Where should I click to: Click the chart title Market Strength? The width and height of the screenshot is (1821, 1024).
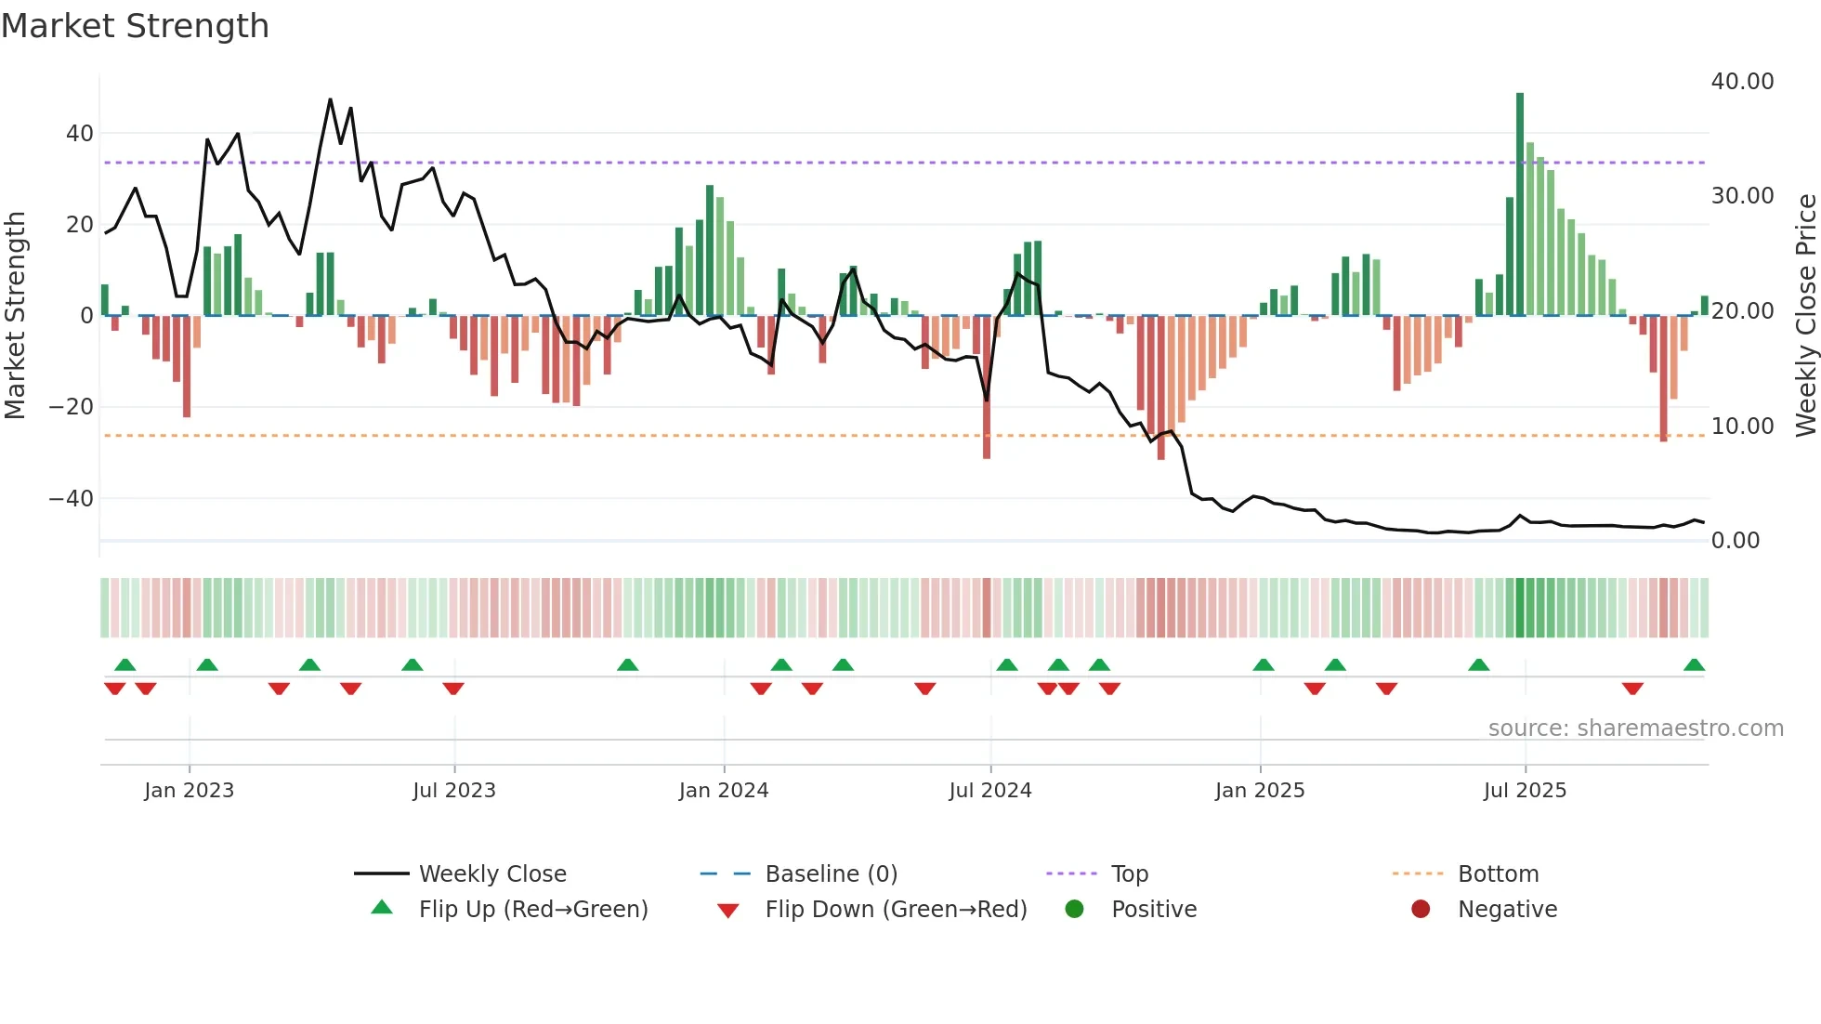point(136,26)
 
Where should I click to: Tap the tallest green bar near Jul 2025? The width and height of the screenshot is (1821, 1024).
point(1520,204)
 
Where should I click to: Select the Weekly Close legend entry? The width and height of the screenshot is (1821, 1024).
point(491,873)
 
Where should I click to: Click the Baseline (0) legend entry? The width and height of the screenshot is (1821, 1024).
point(831,873)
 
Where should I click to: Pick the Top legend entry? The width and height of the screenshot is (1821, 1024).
point(1129,873)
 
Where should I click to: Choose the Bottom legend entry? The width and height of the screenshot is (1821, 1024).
point(1498,873)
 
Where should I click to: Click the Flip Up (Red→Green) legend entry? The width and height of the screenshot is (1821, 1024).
point(532,909)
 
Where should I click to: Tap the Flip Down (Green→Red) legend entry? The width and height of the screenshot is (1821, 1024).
point(895,909)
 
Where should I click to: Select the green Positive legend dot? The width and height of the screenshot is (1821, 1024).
point(1075,909)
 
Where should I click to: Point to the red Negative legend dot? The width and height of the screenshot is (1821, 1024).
point(1421,909)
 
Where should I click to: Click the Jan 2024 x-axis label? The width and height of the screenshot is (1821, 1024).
point(724,791)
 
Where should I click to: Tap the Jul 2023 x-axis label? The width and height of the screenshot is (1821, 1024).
point(454,791)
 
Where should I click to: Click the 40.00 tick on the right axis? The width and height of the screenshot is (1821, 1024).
point(1742,82)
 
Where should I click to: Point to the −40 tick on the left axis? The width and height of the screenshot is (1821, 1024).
point(72,499)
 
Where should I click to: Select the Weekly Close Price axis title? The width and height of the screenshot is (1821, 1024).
point(1805,316)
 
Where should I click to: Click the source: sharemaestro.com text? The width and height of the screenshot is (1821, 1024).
point(1635,729)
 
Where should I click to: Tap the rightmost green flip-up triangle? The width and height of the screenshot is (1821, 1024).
point(1694,665)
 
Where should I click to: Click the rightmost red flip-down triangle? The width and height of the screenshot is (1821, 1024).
point(1632,689)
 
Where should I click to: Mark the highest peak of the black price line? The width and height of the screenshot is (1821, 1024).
point(330,99)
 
